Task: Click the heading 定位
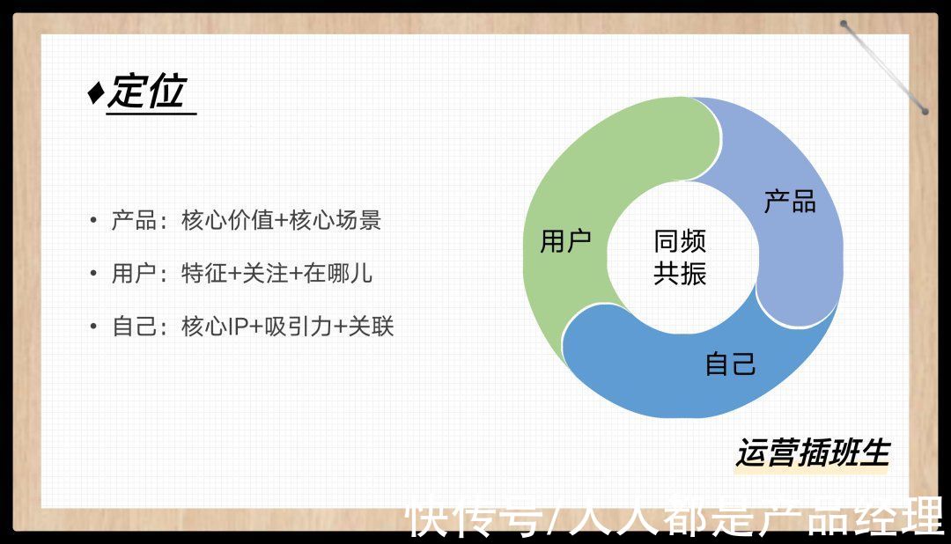147,92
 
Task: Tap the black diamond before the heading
96,92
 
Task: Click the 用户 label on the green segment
565,241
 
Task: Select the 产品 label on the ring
790,202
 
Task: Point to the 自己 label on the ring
730,364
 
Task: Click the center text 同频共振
680,257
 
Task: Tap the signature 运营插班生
813,453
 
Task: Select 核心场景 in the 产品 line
335,220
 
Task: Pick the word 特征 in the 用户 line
203,274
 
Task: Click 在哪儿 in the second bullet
338,274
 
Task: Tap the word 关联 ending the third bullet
371,327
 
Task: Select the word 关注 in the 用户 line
264,274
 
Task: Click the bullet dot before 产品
92,219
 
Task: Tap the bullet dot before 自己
92,327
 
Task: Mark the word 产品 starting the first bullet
134,220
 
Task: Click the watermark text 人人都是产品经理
753,517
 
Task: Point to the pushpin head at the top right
844,25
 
